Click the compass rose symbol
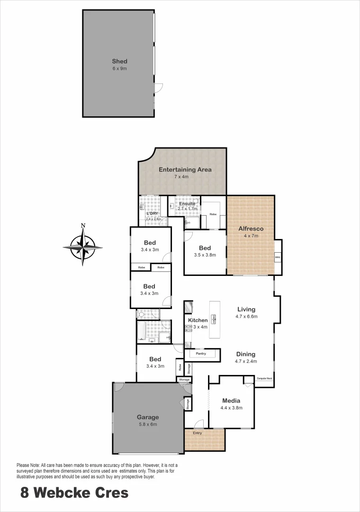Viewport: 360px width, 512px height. click(83, 247)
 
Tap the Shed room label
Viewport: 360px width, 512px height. click(119, 61)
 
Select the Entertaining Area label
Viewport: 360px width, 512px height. click(185, 169)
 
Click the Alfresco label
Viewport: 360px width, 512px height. click(251, 229)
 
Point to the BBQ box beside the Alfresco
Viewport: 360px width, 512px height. click(278, 257)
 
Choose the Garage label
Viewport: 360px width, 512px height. click(148, 417)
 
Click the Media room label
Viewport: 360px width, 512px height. click(231, 401)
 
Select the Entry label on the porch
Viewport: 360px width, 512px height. click(197, 433)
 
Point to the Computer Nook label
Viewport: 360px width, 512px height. click(264, 379)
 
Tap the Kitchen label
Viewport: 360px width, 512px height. click(198, 320)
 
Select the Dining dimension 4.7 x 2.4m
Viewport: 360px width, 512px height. click(246, 361)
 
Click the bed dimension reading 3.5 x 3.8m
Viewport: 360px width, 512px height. click(205, 255)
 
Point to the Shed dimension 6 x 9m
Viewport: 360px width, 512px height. click(119, 69)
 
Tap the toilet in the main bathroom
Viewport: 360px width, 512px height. click(140, 313)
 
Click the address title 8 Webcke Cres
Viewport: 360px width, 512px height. click(74, 493)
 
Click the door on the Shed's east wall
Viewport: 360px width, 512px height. click(159, 87)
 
